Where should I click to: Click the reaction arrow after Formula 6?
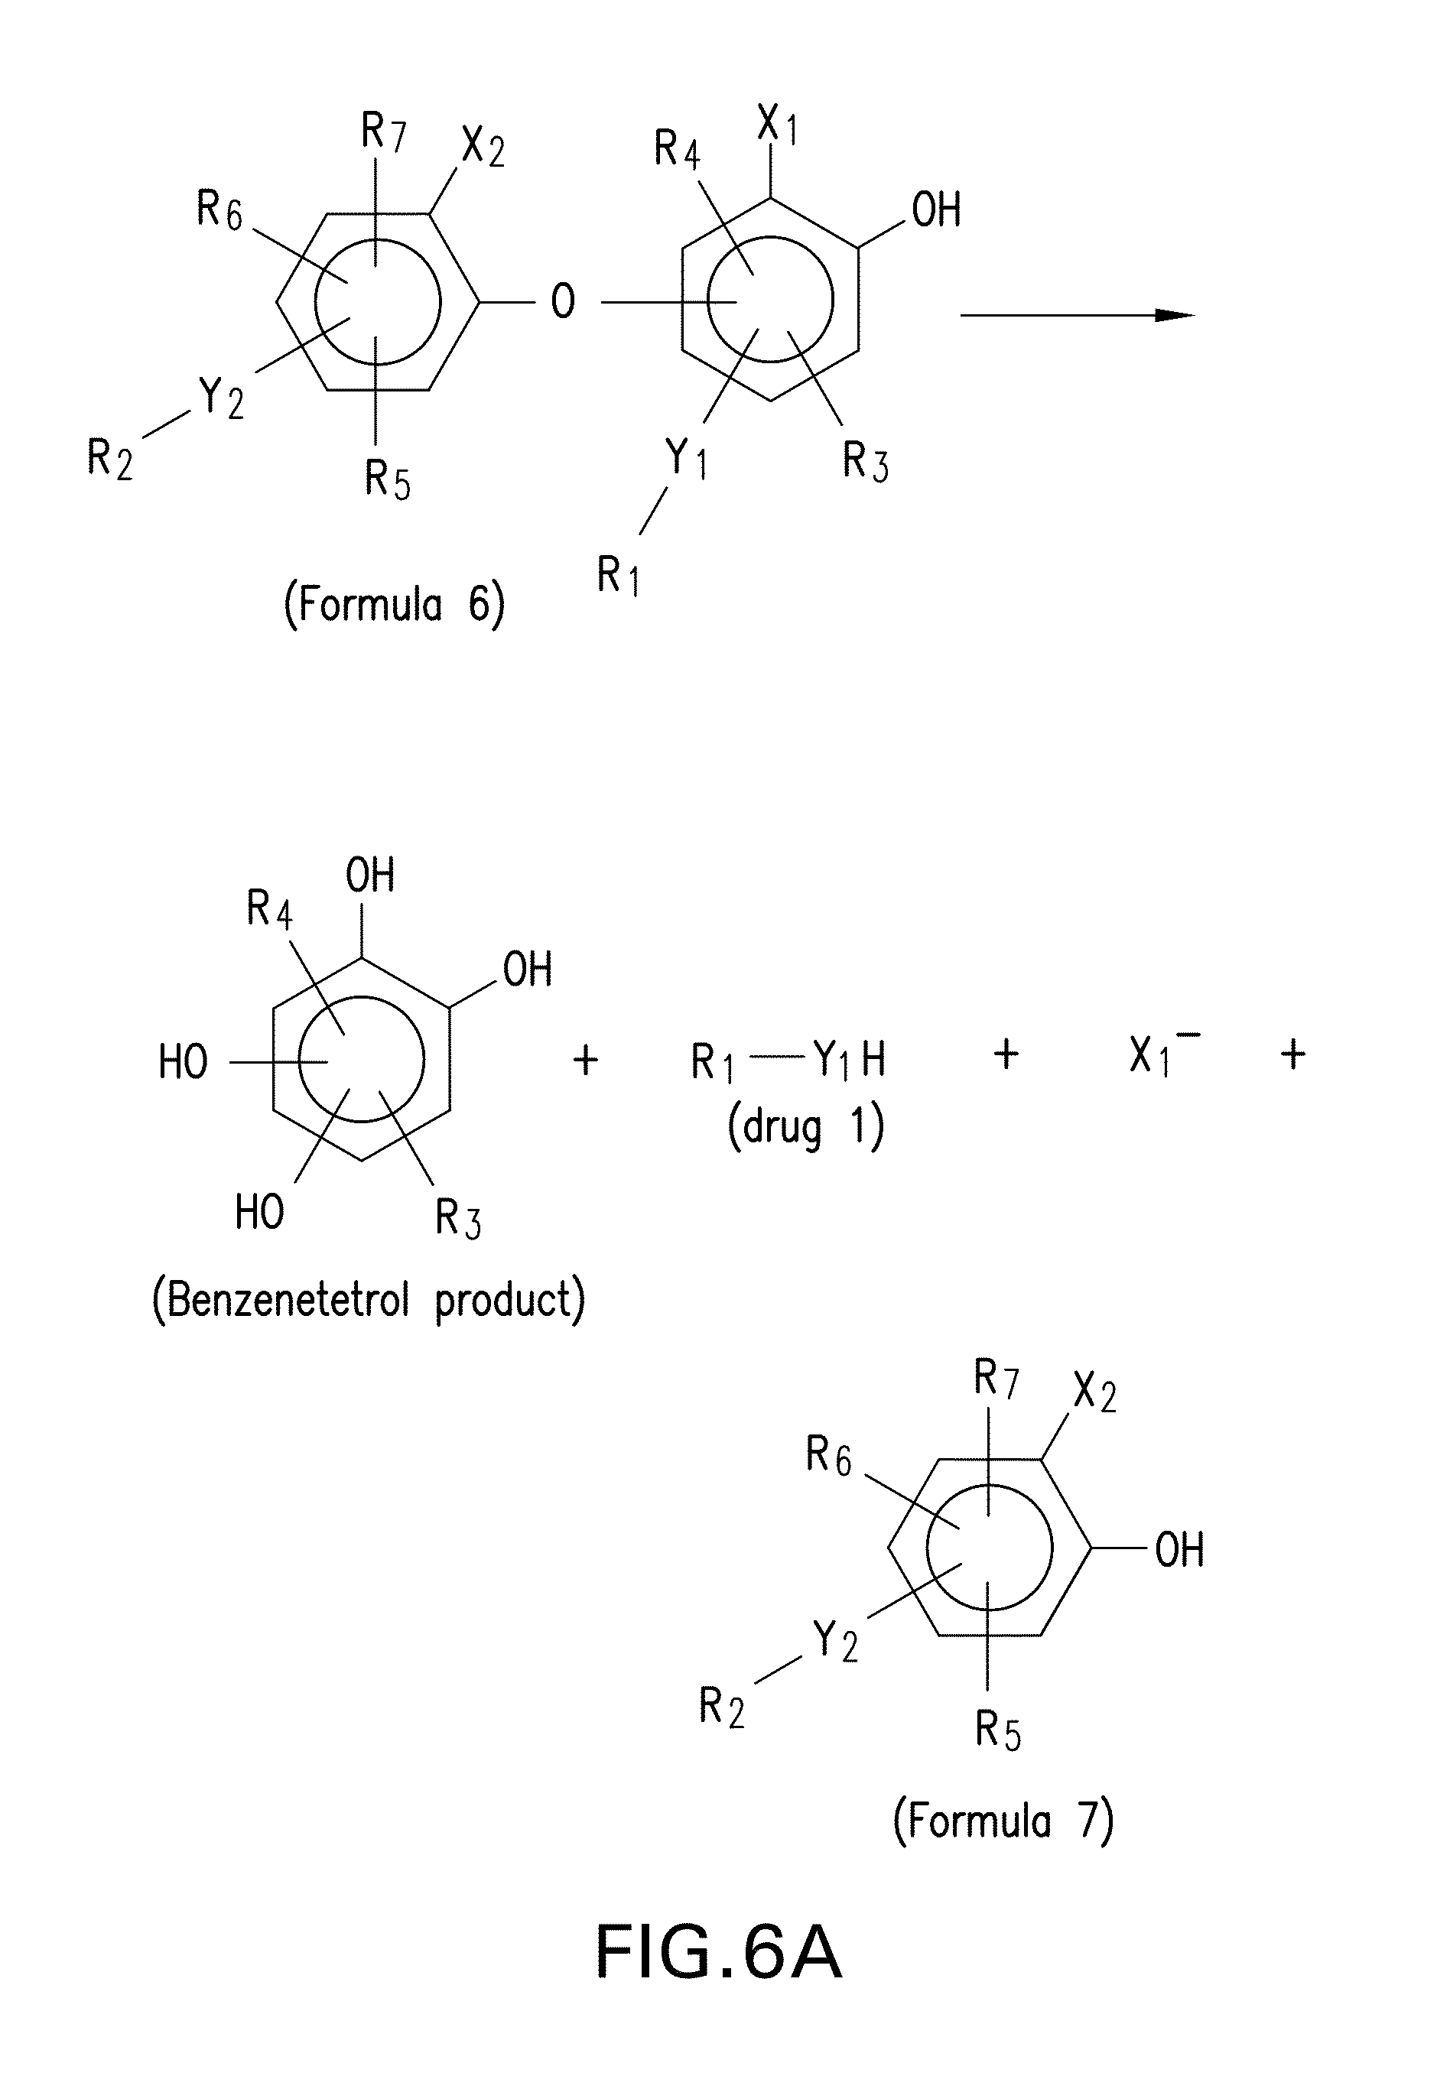click(1077, 316)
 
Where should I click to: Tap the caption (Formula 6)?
click(395, 604)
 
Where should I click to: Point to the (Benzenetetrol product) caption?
click(368, 1300)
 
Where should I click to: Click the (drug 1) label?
click(805, 1129)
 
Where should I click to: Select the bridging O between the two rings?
click(563, 302)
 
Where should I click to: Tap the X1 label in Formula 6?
click(777, 125)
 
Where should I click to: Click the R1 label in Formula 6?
click(618, 574)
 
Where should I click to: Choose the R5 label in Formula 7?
click(998, 1730)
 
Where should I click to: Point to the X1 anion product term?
click(1162, 1055)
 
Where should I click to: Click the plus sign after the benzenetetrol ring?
click(586, 1059)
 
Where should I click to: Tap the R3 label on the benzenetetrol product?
click(457, 1217)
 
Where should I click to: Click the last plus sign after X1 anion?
click(1293, 1054)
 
